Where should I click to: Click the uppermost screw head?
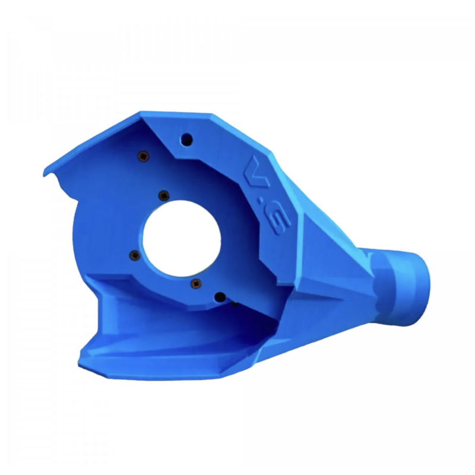[144, 156]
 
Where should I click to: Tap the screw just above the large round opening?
[164, 196]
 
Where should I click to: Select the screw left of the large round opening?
[135, 255]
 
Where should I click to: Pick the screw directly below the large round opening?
[196, 284]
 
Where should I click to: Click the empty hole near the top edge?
[186, 140]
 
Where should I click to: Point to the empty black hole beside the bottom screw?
[220, 297]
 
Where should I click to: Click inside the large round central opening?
[182, 239]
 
